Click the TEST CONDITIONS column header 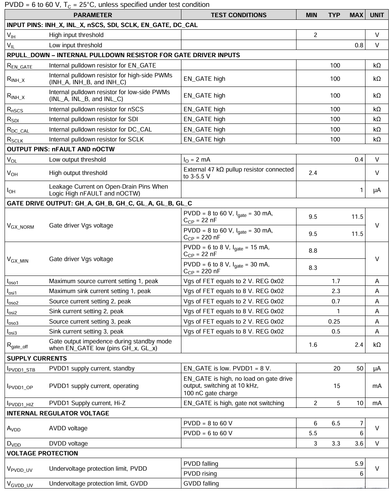239,15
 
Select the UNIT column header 377,15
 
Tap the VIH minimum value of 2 315,35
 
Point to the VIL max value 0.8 359,45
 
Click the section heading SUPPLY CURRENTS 37,358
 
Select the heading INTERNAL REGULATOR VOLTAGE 58,413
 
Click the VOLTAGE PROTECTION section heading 42,453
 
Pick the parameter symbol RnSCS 15,109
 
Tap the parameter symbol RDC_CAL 18,130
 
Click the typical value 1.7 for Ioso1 336,281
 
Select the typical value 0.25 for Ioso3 334,321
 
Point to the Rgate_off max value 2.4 359,345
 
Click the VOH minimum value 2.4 313,173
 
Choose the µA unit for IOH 377,190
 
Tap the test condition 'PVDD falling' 201,463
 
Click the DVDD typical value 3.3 336,443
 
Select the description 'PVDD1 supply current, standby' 92,368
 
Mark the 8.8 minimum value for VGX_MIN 313,250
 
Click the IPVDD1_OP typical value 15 337,386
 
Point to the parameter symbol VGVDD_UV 20,484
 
